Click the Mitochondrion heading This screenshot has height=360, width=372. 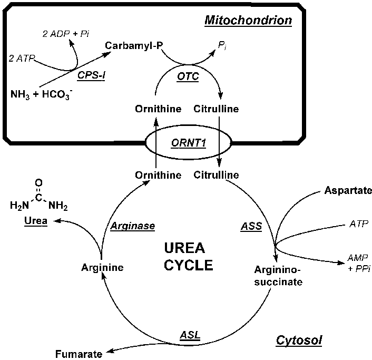point(248,22)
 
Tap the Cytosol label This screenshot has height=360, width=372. point(299,340)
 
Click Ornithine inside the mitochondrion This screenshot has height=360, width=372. point(157,109)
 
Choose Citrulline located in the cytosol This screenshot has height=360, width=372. point(217,174)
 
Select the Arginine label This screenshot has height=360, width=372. point(102,267)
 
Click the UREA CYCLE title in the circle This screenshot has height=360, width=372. point(188,256)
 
